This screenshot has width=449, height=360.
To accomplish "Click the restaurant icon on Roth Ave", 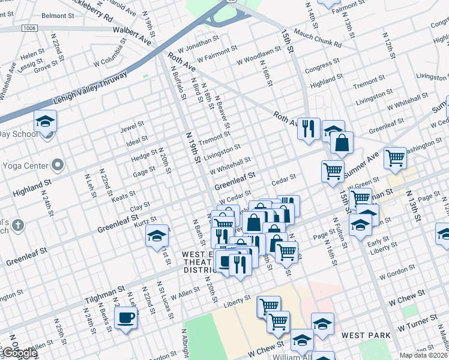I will [x=309, y=128].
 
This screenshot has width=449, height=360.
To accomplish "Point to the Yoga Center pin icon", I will [x=58, y=164].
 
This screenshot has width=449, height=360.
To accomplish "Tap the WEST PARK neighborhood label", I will [x=366, y=335].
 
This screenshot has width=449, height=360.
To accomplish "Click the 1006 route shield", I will [x=28, y=28].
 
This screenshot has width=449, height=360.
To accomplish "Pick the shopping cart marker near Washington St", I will [x=396, y=158].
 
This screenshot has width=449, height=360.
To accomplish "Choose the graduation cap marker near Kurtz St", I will [x=157, y=236].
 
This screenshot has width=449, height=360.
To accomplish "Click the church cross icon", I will [x=19, y=226].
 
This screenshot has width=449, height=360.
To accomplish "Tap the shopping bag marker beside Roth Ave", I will [x=342, y=143].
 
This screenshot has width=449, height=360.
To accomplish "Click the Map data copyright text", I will [x=424, y=355].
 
